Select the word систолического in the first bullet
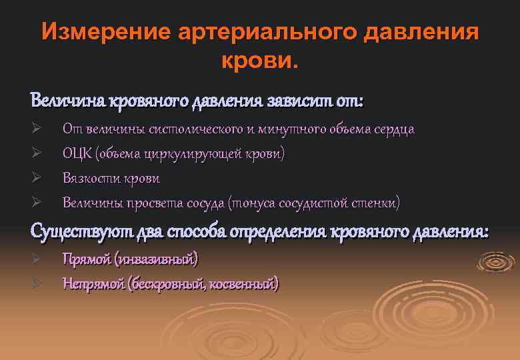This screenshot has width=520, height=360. (197, 129)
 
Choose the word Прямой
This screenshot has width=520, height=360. (85, 259)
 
